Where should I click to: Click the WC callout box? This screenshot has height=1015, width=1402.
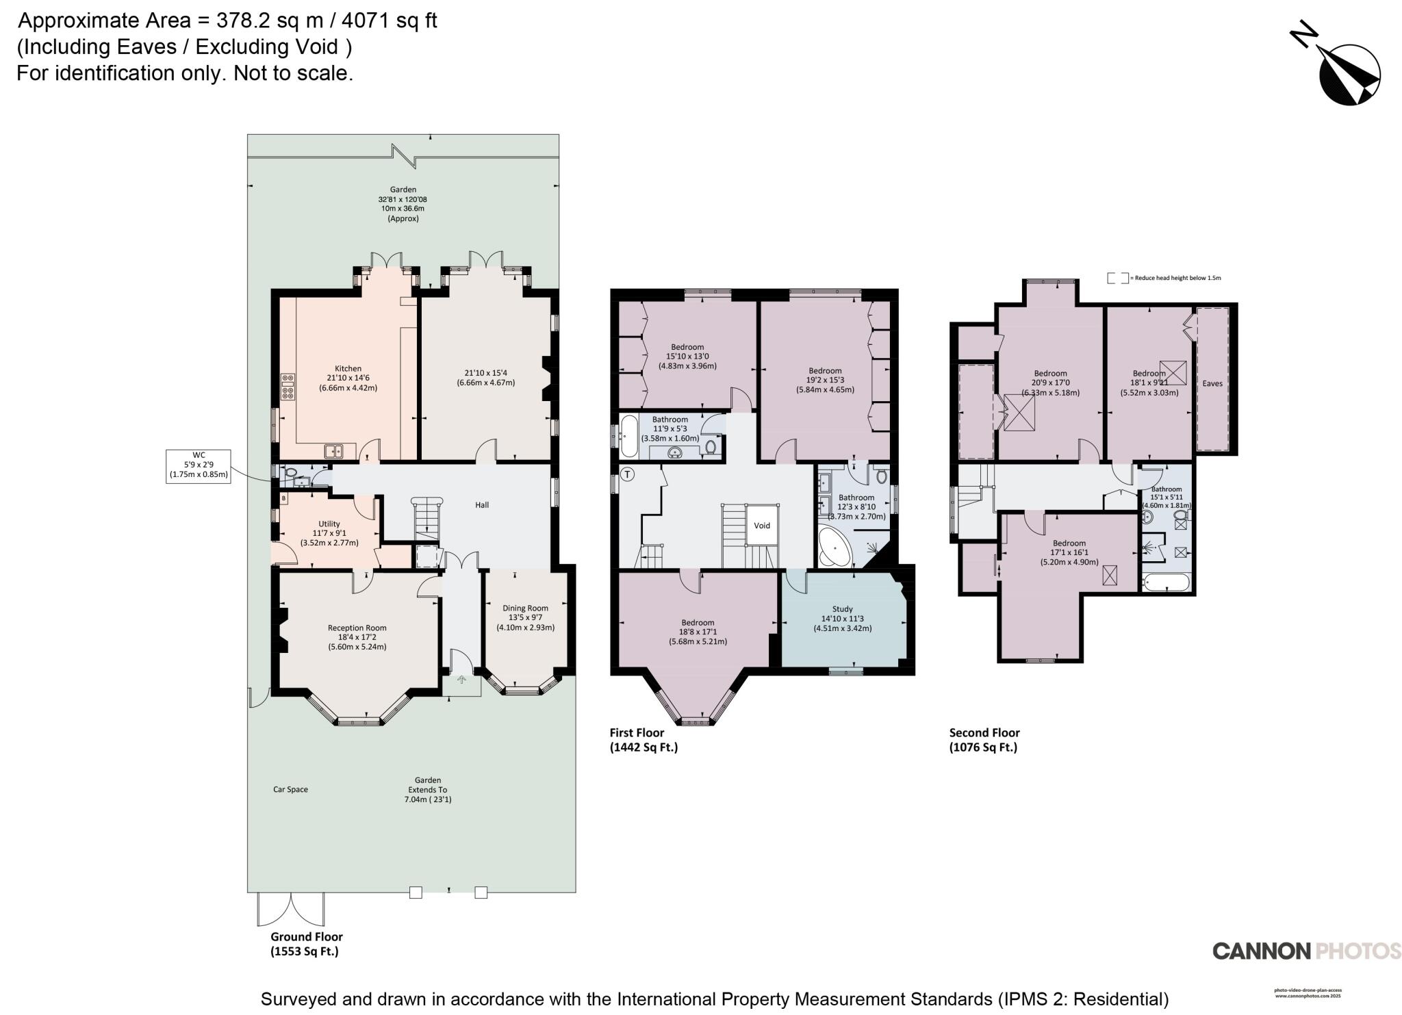[x=199, y=465]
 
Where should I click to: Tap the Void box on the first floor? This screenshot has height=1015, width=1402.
[x=762, y=526]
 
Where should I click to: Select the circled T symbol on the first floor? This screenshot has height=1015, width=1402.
[x=628, y=474]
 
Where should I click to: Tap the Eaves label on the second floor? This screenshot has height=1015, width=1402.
[x=1212, y=383]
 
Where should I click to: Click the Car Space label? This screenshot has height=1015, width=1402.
[x=290, y=789]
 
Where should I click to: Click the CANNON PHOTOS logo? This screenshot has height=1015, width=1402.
[x=1306, y=951]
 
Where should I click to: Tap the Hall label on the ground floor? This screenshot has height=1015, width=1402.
[x=482, y=505]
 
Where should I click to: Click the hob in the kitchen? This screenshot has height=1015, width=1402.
[x=288, y=387]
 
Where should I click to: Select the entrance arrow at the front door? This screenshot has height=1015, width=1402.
[x=461, y=680]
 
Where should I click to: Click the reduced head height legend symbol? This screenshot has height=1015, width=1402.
[x=1117, y=278]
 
